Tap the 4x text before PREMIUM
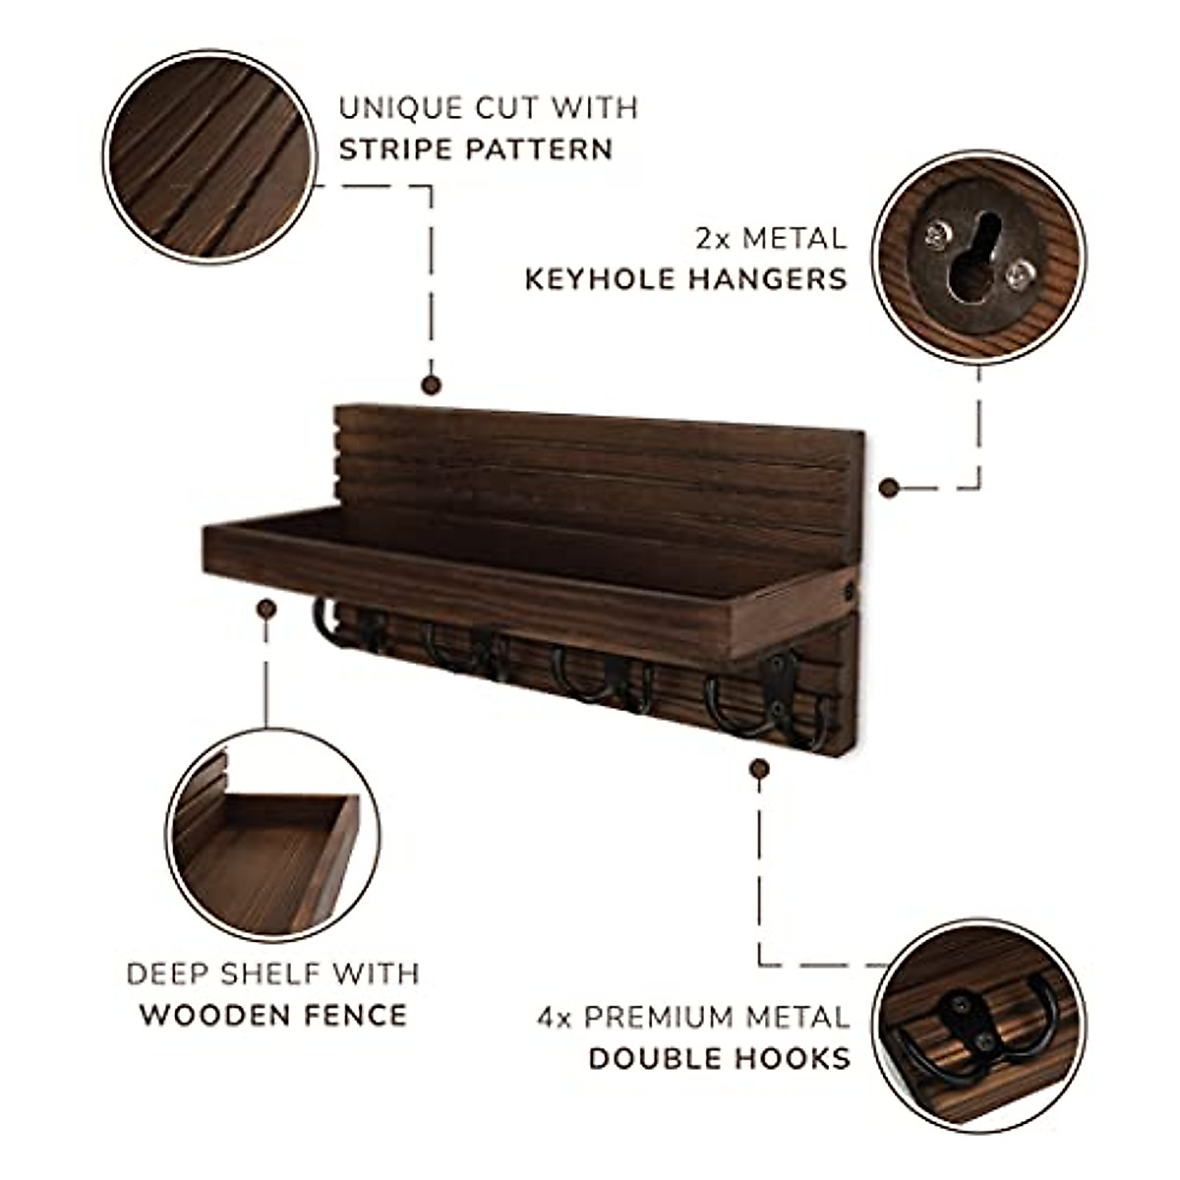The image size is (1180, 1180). click(555, 1017)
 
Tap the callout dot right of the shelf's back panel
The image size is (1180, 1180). click(888, 487)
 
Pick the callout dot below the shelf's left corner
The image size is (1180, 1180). click(265, 610)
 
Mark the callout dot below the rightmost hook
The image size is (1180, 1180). click(758, 768)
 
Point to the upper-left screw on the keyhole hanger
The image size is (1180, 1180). click(935, 232)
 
